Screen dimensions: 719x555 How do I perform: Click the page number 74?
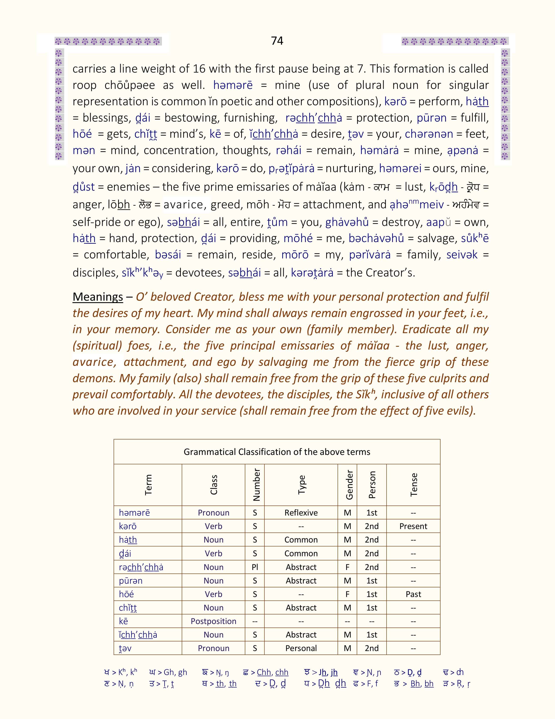pyautogui.click(x=277, y=41)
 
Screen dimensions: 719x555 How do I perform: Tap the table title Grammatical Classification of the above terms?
pyautogui.click(x=277, y=452)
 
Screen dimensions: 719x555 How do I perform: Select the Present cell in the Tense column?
pyautogui.click(x=413, y=526)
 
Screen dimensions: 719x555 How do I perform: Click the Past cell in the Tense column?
pyautogui.click(x=413, y=594)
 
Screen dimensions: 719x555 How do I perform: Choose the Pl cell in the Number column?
pyautogui.click(x=255, y=567)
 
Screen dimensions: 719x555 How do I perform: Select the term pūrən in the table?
pyautogui.click(x=131, y=581)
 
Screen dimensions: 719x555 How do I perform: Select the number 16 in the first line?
pyautogui.click(x=199, y=69)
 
